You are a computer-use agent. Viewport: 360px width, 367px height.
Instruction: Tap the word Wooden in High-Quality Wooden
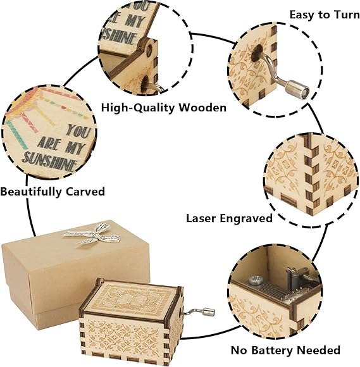[x=202, y=108]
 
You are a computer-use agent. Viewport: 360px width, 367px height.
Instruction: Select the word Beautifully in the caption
[x=31, y=192]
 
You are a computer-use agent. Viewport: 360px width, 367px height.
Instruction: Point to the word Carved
[x=85, y=192]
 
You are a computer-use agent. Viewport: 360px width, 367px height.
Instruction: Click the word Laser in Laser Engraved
[x=201, y=218]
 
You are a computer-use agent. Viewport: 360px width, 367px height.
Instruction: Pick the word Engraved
[x=246, y=219]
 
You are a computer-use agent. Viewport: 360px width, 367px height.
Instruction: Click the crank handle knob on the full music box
[x=209, y=312]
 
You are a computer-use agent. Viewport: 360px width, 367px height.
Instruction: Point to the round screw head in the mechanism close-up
[x=256, y=280]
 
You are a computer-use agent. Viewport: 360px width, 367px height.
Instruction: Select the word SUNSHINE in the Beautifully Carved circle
[x=49, y=161]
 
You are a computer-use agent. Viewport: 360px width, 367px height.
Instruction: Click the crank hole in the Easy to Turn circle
[x=258, y=53]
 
